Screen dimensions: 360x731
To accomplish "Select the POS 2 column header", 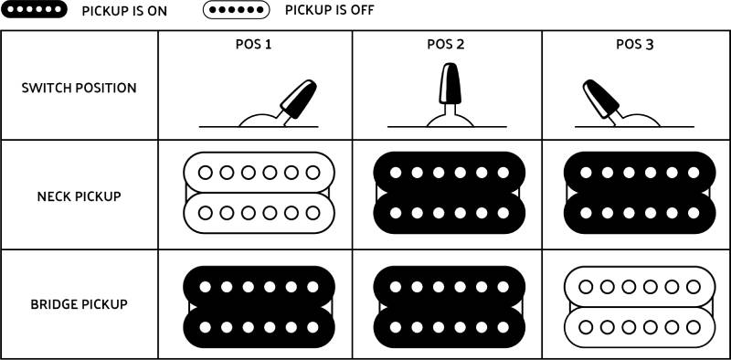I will [x=446, y=44].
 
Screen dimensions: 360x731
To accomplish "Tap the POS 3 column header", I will [x=635, y=44].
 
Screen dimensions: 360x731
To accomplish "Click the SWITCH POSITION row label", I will [x=79, y=89].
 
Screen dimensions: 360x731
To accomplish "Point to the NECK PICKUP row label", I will [x=79, y=196].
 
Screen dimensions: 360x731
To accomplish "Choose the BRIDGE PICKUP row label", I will [x=79, y=304].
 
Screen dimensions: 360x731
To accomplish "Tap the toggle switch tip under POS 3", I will [x=598, y=97].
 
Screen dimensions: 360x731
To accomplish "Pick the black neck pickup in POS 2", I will [x=448, y=193].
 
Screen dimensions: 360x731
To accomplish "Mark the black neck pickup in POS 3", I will [x=637, y=193].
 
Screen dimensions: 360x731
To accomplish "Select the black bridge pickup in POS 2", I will [x=448, y=306].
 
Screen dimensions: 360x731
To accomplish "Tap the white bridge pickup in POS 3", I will [x=637, y=306].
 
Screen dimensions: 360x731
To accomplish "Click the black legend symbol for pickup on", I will [x=35, y=10].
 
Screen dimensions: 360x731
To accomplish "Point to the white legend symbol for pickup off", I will [x=236, y=10].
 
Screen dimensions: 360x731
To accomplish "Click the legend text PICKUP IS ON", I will [x=124, y=11].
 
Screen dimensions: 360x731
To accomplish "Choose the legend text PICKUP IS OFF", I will [x=329, y=11].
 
